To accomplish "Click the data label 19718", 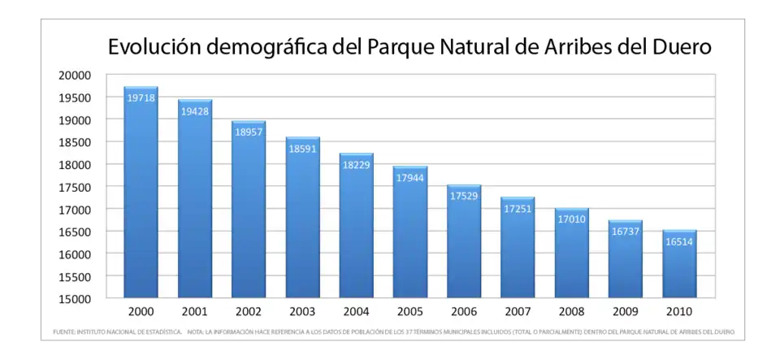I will point(141,98).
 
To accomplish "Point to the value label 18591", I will point(302,149).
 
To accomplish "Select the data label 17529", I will point(464,196).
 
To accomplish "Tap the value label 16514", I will point(679,241).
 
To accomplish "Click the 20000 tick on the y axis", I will point(75,75).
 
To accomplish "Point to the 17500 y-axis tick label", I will point(75,187).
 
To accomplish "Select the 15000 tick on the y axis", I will point(75,298).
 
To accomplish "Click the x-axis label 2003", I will point(302,312).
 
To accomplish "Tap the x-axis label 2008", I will point(571,312).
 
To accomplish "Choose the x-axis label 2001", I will point(194,312).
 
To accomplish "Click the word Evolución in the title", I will point(154,47).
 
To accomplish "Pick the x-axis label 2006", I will point(464,312).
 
